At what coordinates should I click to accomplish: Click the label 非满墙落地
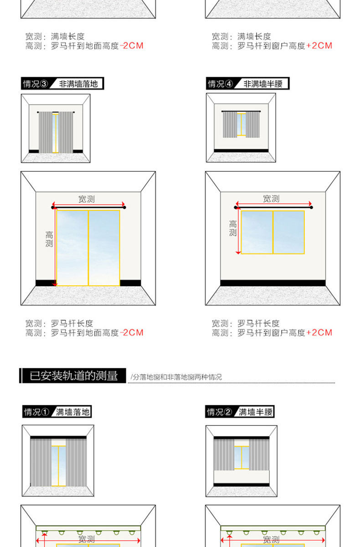click(x=78, y=84)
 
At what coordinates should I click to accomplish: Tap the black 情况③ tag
click(x=36, y=84)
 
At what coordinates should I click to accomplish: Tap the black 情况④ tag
click(x=221, y=84)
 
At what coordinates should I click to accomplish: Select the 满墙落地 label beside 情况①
click(x=72, y=412)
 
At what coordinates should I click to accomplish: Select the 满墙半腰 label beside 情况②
click(x=256, y=412)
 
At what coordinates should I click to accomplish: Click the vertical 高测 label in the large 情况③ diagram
click(x=49, y=239)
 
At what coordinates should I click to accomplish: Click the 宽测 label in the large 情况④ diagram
click(x=271, y=199)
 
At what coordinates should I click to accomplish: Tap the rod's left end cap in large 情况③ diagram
click(x=53, y=208)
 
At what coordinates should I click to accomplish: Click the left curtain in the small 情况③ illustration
click(x=45, y=132)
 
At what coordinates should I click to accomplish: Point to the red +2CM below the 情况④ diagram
click(x=319, y=333)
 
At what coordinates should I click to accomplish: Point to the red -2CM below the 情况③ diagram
click(x=131, y=333)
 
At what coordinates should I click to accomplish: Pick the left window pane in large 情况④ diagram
click(x=257, y=232)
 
